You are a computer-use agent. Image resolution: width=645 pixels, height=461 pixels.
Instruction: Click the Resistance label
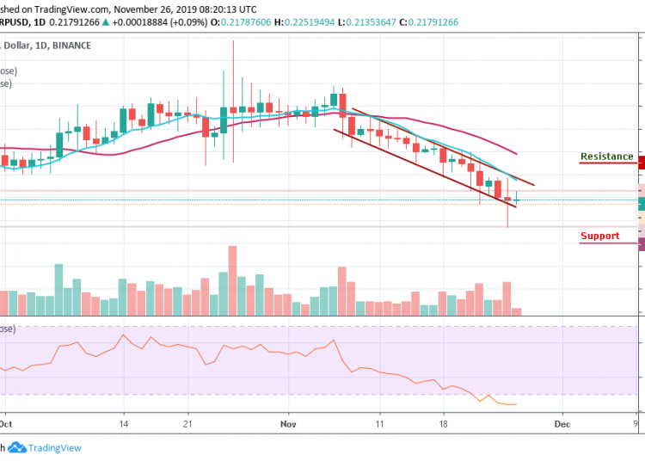606,157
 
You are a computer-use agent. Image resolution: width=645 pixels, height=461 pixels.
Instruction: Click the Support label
599,237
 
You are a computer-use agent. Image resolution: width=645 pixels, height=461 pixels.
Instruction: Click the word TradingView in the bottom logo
55,448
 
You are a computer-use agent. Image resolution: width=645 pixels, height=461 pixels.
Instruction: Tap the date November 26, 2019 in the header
157,9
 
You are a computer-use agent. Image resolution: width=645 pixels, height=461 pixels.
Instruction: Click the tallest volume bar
232,280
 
